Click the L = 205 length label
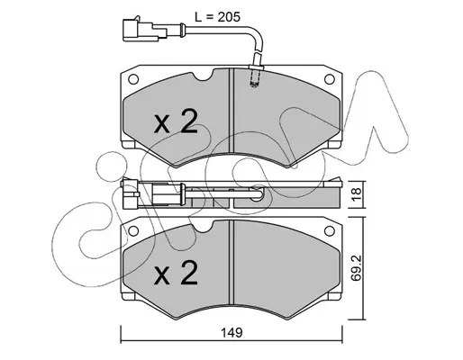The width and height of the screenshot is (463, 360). point(217,17)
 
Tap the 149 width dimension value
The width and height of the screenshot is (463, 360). point(231,333)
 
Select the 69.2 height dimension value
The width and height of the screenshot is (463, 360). point(357,268)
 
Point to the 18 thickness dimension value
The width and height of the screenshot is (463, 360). point(357,194)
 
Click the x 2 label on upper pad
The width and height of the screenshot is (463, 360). point(176,121)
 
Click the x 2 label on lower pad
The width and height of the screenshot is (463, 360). point(176,273)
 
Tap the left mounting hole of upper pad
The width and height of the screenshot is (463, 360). point(133,79)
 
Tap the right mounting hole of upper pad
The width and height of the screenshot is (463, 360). point(330,79)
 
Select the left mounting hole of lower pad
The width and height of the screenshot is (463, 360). point(133,230)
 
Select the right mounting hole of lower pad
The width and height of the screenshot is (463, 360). point(330,230)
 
